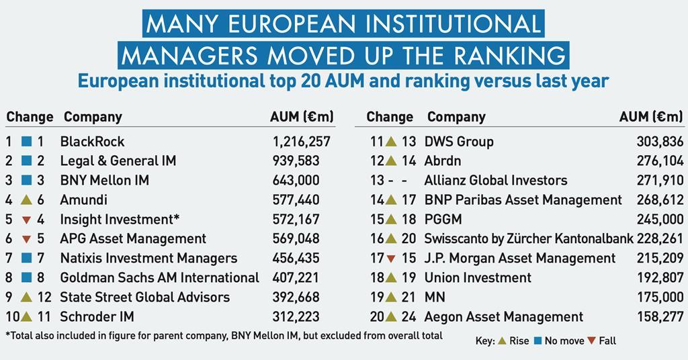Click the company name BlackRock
[92, 142]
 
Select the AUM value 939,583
[296, 161]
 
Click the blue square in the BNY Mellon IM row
[26, 181]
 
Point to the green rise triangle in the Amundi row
[26, 199]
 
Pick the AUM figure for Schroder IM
[296, 316]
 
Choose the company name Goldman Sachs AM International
[159, 277]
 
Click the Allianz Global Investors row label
[495, 181]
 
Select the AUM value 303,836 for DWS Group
[659, 142]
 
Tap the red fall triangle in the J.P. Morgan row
[390, 259]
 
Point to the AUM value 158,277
[659, 316]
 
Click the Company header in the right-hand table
[456, 117]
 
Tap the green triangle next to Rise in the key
[501, 341]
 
